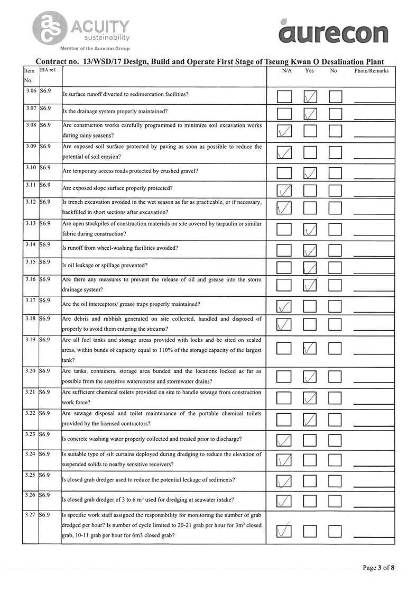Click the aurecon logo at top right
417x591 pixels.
click(333, 33)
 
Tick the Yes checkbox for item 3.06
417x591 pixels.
click(310, 97)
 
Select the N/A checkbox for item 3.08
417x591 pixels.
click(284, 131)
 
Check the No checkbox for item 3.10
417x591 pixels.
click(336, 172)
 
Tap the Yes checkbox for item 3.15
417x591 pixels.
click(310, 268)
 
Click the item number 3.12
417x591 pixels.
click(30, 202)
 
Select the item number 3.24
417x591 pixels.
click(30, 454)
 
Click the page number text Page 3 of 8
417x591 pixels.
click(378, 568)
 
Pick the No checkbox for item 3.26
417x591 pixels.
click(336, 500)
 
